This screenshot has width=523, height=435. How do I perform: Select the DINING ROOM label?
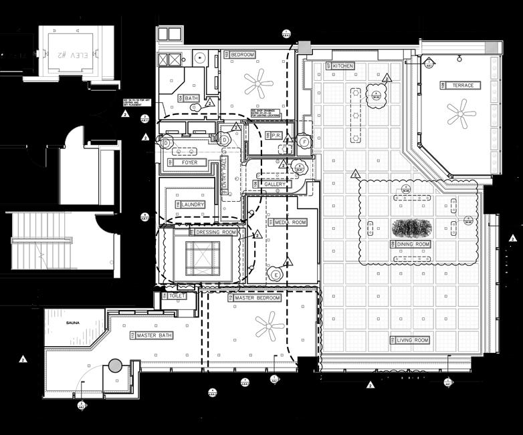413,245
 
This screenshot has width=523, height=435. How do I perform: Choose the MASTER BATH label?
154,335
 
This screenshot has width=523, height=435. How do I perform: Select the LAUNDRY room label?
190,204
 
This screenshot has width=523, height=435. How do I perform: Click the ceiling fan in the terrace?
461,114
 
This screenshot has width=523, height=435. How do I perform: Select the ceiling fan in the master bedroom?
270,327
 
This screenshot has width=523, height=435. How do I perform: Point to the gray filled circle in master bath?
115,366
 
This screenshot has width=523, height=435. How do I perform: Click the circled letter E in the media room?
276,275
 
